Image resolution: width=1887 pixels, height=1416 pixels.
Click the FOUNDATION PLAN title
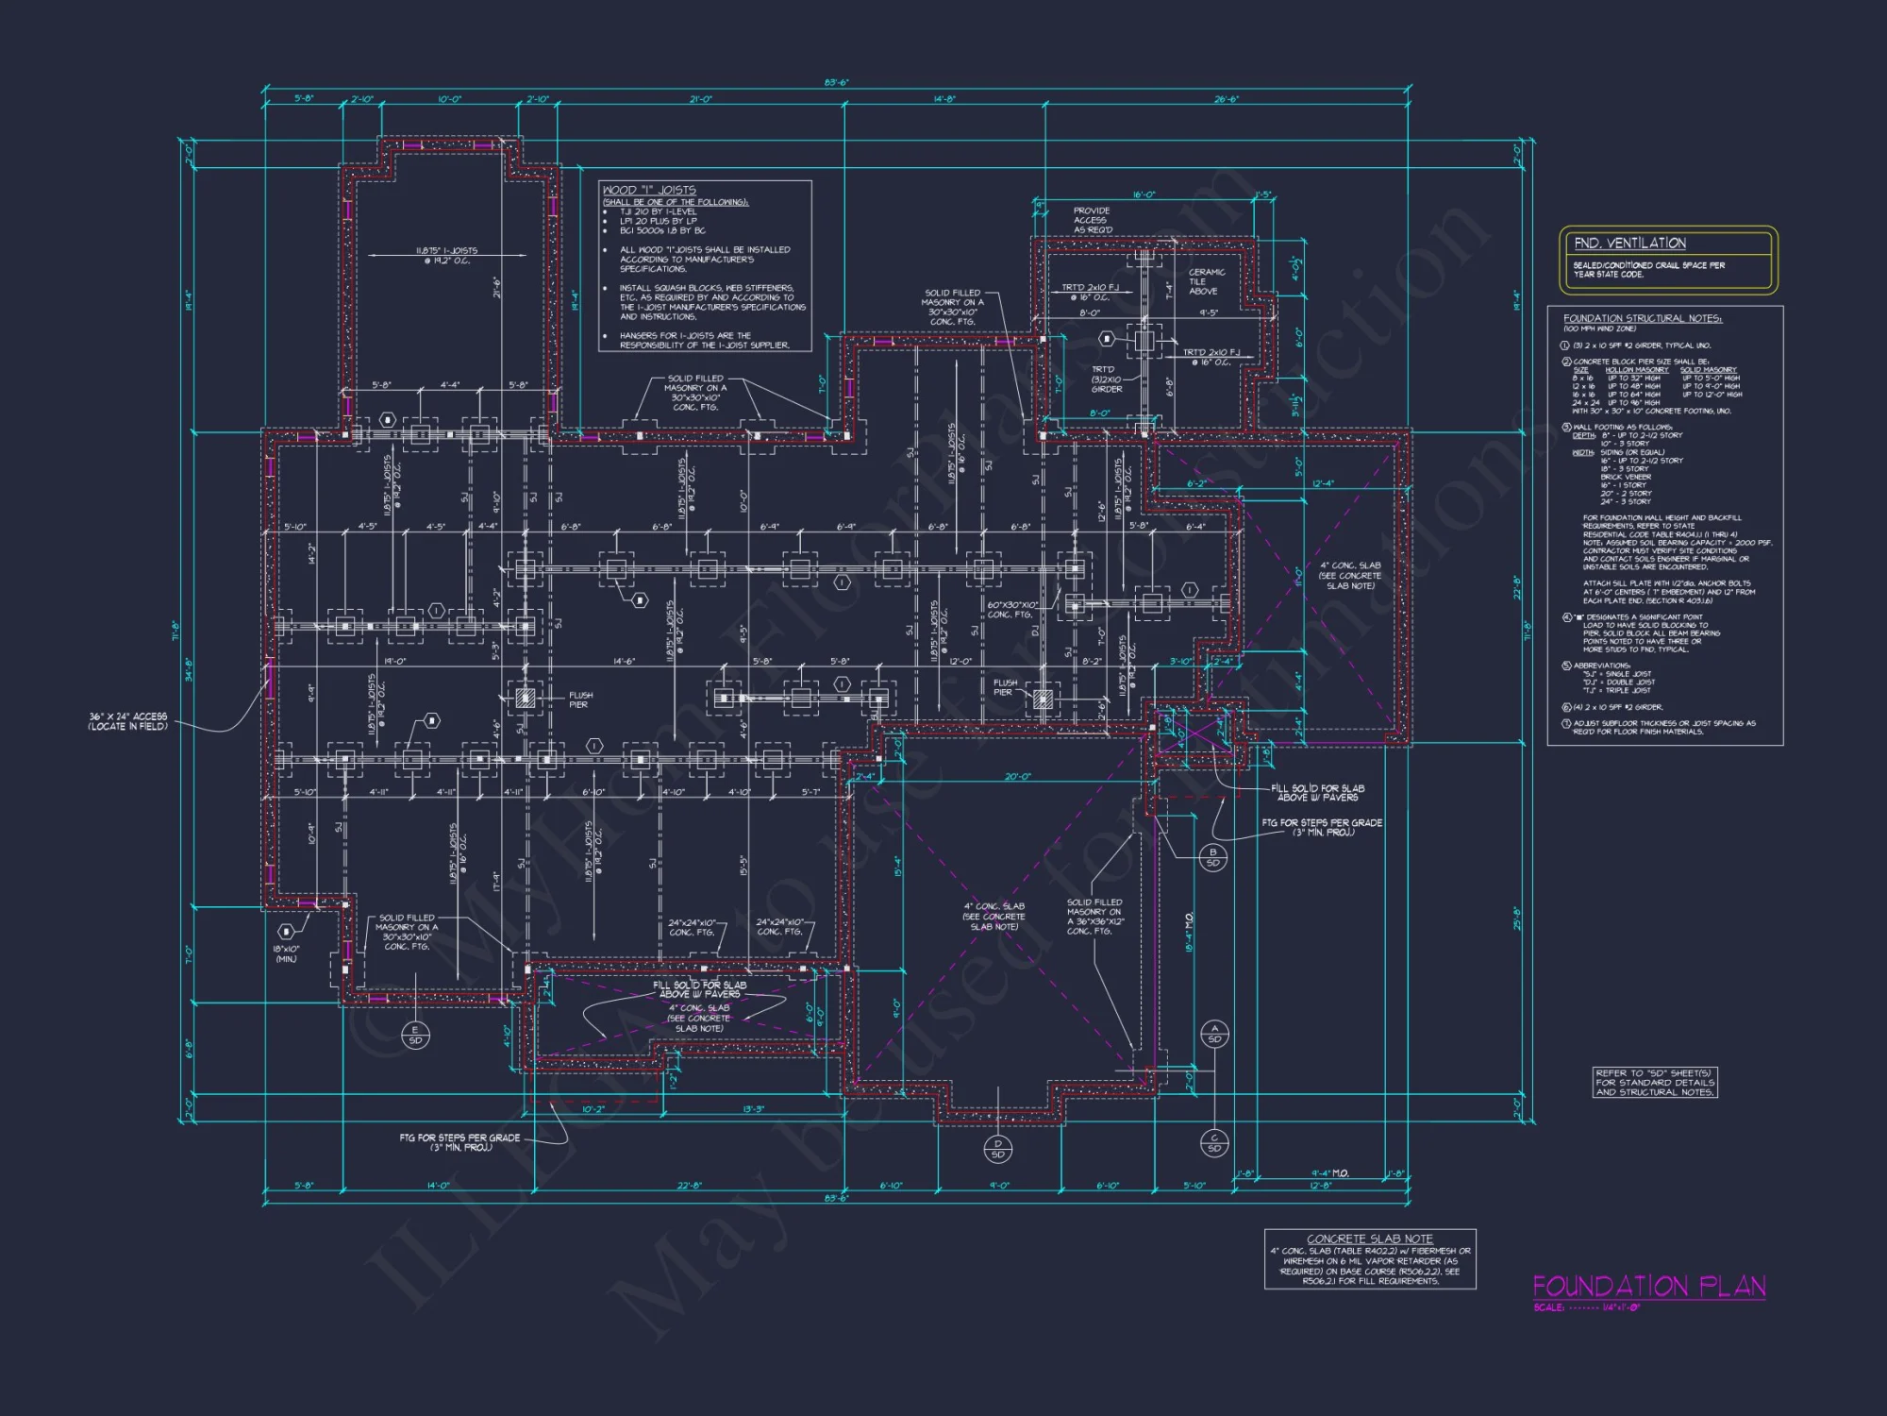click(x=1648, y=1287)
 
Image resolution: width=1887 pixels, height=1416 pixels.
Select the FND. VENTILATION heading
click(x=1629, y=244)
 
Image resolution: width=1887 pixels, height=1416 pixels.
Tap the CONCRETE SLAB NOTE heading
click(x=1369, y=1239)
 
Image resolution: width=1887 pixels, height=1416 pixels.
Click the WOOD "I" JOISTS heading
click(x=649, y=190)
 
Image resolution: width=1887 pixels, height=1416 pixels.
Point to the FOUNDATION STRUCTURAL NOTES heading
click(x=1642, y=318)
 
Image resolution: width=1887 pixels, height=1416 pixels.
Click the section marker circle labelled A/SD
click(x=1214, y=1034)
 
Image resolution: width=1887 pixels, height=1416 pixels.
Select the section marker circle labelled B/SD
click(x=1212, y=857)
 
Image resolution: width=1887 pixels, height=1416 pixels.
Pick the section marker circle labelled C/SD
click(x=1214, y=1143)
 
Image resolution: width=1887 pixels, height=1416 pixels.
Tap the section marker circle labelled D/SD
click(x=998, y=1149)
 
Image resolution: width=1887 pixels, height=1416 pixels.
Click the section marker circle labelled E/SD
click(x=415, y=1035)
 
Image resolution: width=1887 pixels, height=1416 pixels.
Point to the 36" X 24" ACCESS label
click(x=128, y=721)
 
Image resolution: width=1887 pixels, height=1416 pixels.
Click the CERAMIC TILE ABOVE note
click(x=1206, y=281)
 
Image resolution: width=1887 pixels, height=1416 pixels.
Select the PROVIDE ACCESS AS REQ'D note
click(x=1093, y=220)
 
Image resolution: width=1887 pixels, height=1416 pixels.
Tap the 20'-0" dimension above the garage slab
click(x=1017, y=777)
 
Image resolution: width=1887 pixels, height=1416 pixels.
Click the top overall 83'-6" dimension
click(x=836, y=83)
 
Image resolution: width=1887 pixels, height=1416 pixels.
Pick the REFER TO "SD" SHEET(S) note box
click(x=1655, y=1083)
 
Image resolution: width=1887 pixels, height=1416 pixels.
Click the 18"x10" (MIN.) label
click(x=286, y=953)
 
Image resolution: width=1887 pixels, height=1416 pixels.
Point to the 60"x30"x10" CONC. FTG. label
click(x=1012, y=610)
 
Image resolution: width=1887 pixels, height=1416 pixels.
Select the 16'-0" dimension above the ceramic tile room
click(x=1144, y=194)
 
